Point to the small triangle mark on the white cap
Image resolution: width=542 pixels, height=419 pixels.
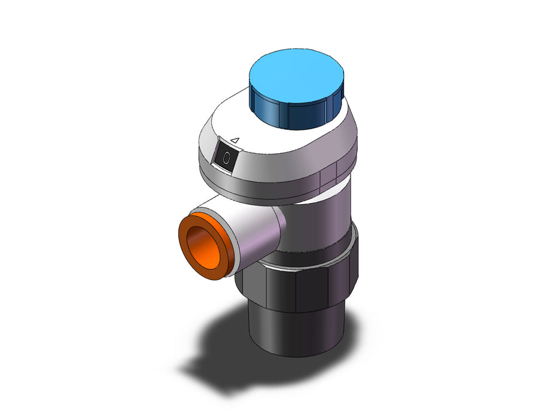click(x=235, y=140)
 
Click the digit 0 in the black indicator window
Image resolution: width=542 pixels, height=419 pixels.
click(x=227, y=158)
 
